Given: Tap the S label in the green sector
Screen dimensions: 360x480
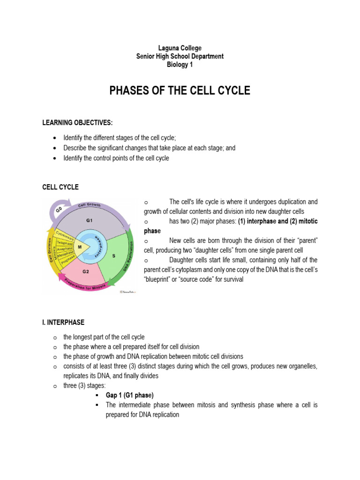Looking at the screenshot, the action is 113,256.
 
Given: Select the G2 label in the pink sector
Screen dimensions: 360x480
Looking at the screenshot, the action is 85,271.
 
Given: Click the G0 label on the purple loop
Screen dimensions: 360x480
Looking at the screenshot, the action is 59,210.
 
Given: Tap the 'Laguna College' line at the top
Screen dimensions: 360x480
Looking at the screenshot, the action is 180,48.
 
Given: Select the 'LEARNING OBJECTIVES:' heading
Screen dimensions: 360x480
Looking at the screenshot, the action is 77,123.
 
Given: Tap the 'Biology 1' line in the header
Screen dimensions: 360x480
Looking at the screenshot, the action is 180,65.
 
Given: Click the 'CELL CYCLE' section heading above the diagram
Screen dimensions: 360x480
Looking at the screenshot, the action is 60,187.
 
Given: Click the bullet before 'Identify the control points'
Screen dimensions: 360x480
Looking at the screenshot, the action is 55,158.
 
